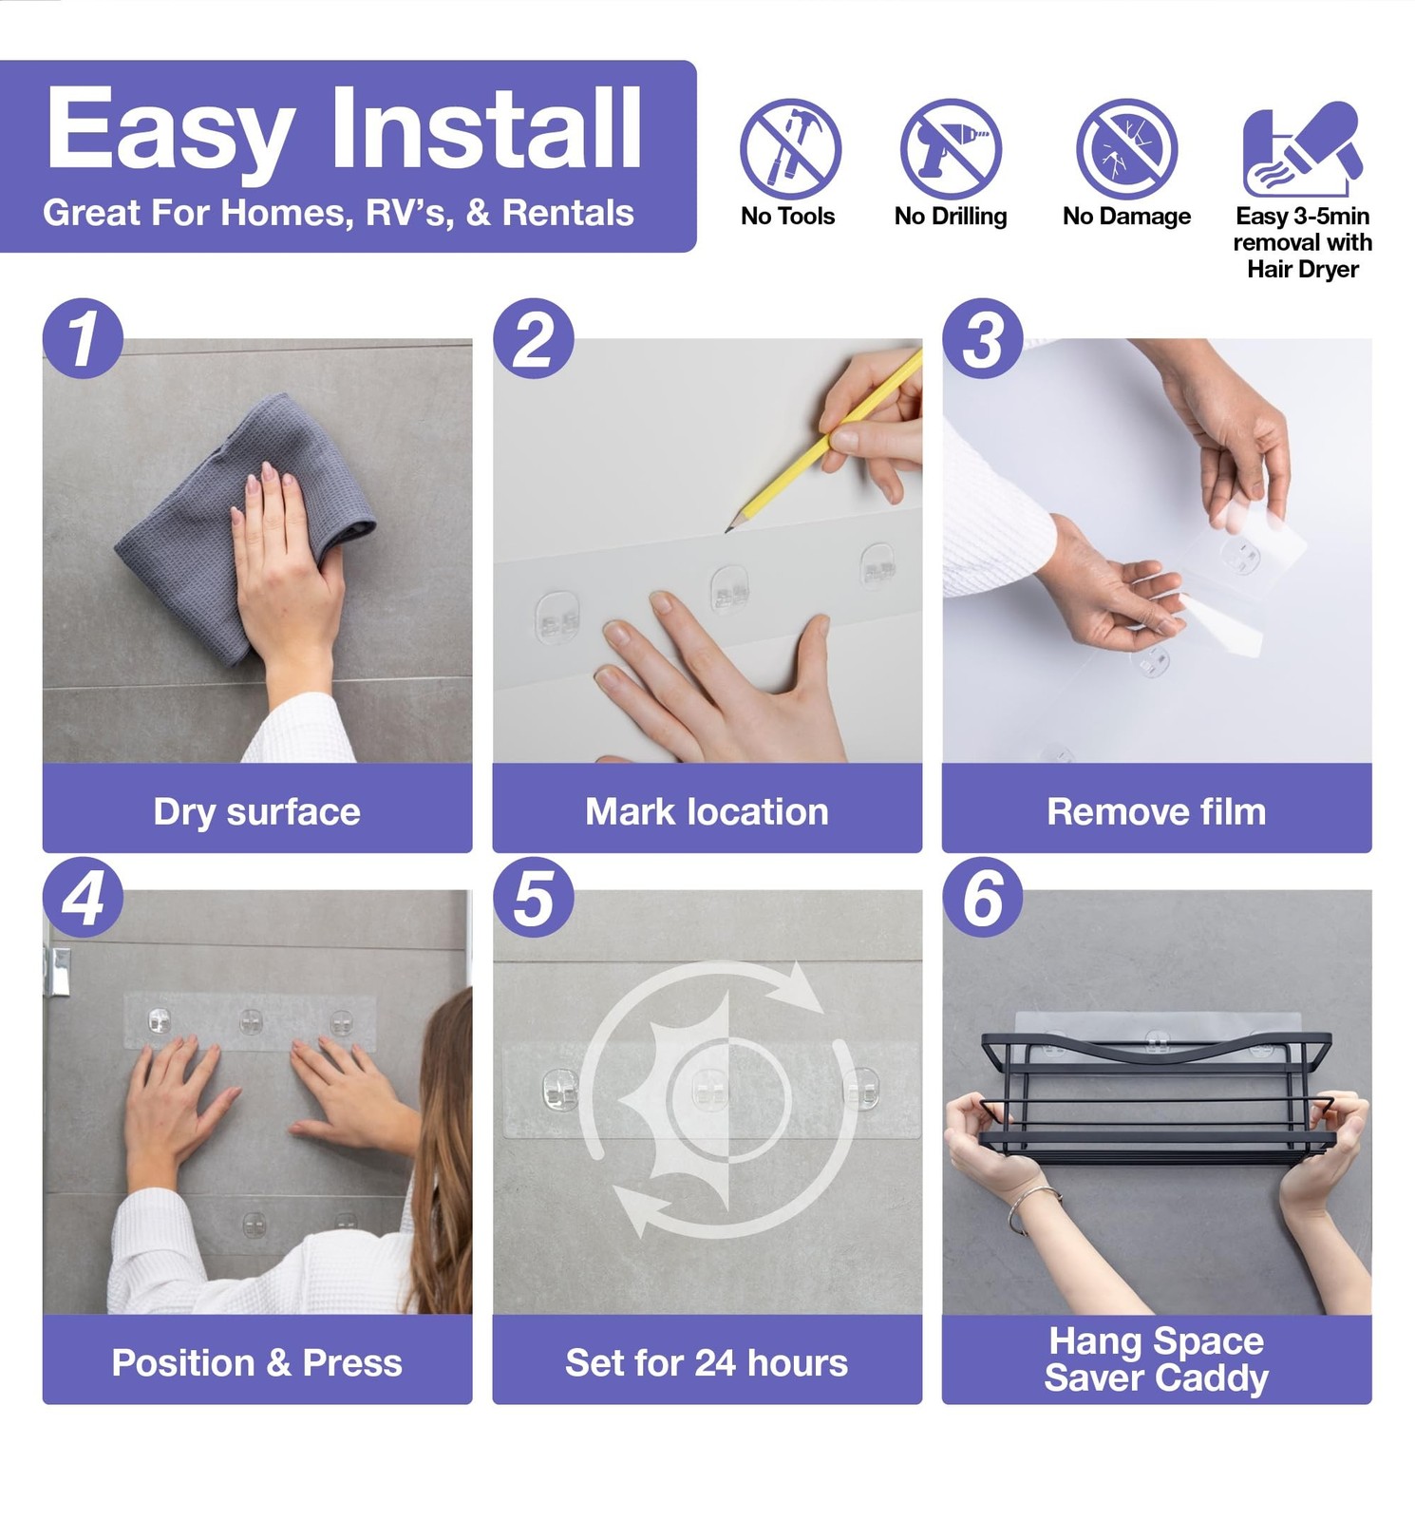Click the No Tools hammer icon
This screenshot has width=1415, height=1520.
(x=790, y=148)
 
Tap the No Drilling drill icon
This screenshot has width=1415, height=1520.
(x=951, y=148)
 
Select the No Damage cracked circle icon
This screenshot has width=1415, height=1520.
(x=1126, y=148)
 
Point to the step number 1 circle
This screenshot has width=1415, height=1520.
(x=83, y=338)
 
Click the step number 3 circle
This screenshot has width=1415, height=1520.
(x=983, y=338)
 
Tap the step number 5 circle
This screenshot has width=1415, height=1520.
(x=533, y=898)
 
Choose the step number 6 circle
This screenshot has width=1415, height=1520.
(x=983, y=898)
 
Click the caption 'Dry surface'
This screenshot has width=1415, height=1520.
(x=256, y=812)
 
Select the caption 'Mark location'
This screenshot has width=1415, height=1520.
(x=707, y=812)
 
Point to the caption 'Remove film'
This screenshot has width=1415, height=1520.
(x=1157, y=812)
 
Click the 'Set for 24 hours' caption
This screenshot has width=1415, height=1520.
(x=707, y=1363)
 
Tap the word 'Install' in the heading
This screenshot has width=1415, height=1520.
(x=487, y=127)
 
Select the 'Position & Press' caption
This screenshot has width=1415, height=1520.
(x=256, y=1363)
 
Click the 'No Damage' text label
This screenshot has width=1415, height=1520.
(x=1126, y=217)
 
